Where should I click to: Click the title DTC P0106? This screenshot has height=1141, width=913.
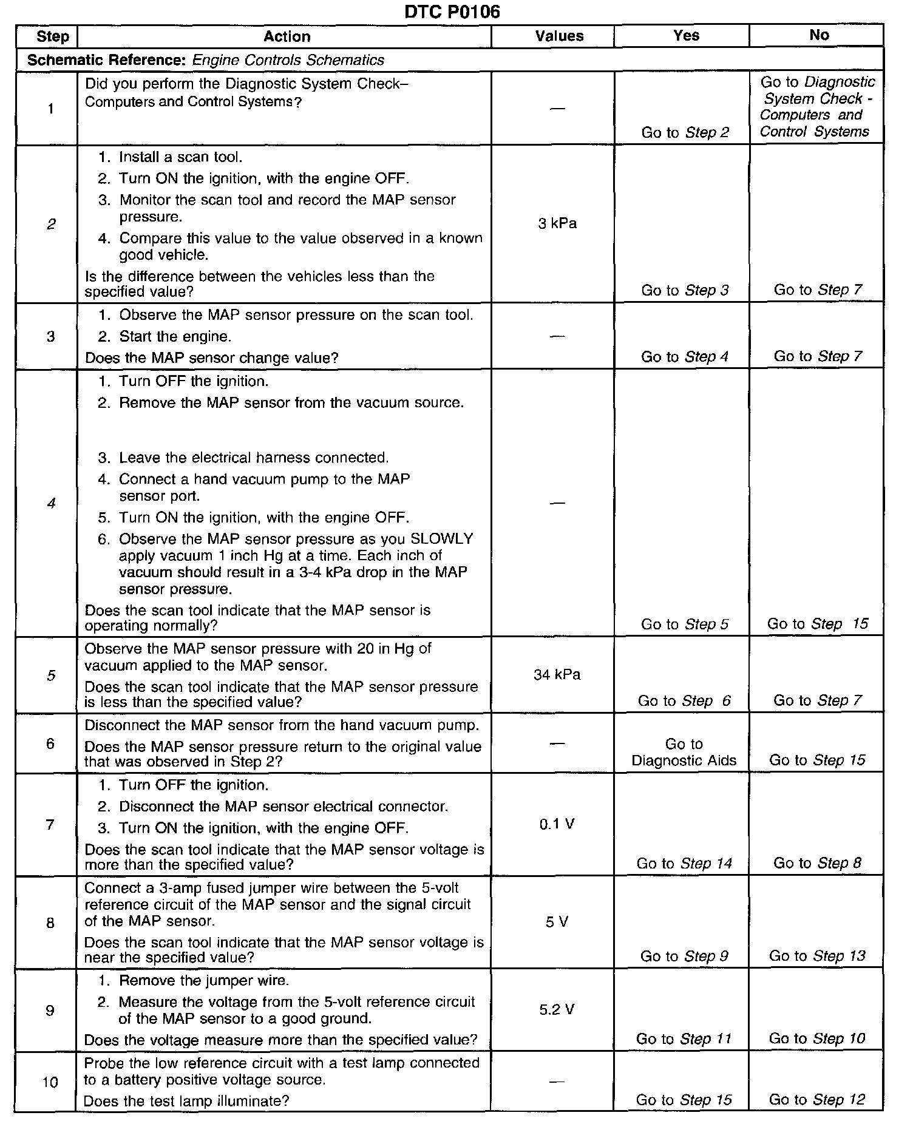coord(452,12)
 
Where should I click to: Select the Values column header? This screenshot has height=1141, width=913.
coord(559,36)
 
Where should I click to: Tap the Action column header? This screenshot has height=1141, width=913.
coord(287,36)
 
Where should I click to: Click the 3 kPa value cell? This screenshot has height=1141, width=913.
coord(557,224)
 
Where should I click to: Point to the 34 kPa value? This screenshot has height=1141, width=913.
coord(557,674)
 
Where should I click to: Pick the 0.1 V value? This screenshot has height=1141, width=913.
coord(557,824)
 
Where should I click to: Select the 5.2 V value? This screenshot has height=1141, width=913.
coord(557,1009)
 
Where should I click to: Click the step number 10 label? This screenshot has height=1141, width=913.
coord(50,1082)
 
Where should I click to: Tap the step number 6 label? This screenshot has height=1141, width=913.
coord(50,743)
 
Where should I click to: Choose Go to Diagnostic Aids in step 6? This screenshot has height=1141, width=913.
coord(684,753)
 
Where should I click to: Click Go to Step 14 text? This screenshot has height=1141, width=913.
coord(684,863)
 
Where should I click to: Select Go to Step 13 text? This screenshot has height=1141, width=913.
coord(817,956)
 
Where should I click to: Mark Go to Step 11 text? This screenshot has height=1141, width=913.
coord(684,1039)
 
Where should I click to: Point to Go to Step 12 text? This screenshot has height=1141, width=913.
coord(816,1099)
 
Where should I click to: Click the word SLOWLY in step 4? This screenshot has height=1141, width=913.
coord(442,539)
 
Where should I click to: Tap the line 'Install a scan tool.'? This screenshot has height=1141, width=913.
coord(180,157)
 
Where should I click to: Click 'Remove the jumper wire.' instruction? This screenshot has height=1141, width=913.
coord(204,980)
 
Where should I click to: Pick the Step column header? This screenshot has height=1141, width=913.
coord(52,36)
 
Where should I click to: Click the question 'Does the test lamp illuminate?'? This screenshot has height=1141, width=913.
coord(186,1100)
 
